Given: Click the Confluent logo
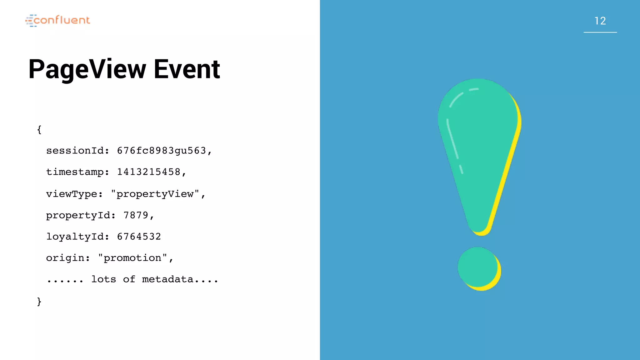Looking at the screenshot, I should click(x=58, y=20).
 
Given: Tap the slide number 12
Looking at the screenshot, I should click(x=600, y=21).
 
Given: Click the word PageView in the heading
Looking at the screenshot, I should click(x=87, y=69).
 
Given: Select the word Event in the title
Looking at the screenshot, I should click(x=187, y=69).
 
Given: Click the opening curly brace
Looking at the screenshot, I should click(x=39, y=129).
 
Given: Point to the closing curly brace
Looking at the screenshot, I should click(x=39, y=302).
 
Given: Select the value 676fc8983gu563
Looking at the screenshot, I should click(x=162, y=151).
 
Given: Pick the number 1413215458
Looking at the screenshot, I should click(x=149, y=172).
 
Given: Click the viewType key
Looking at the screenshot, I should click(x=72, y=194).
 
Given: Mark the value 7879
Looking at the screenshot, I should click(x=136, y=215).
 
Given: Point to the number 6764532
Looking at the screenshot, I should click(x=139, y=237).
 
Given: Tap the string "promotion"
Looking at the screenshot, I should click(x=132, y=258).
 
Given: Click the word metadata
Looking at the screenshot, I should click(x=168, y=279).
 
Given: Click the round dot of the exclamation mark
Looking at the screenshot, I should click(x=478, y=267).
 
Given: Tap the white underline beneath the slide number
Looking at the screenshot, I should click(x=600, y=32).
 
